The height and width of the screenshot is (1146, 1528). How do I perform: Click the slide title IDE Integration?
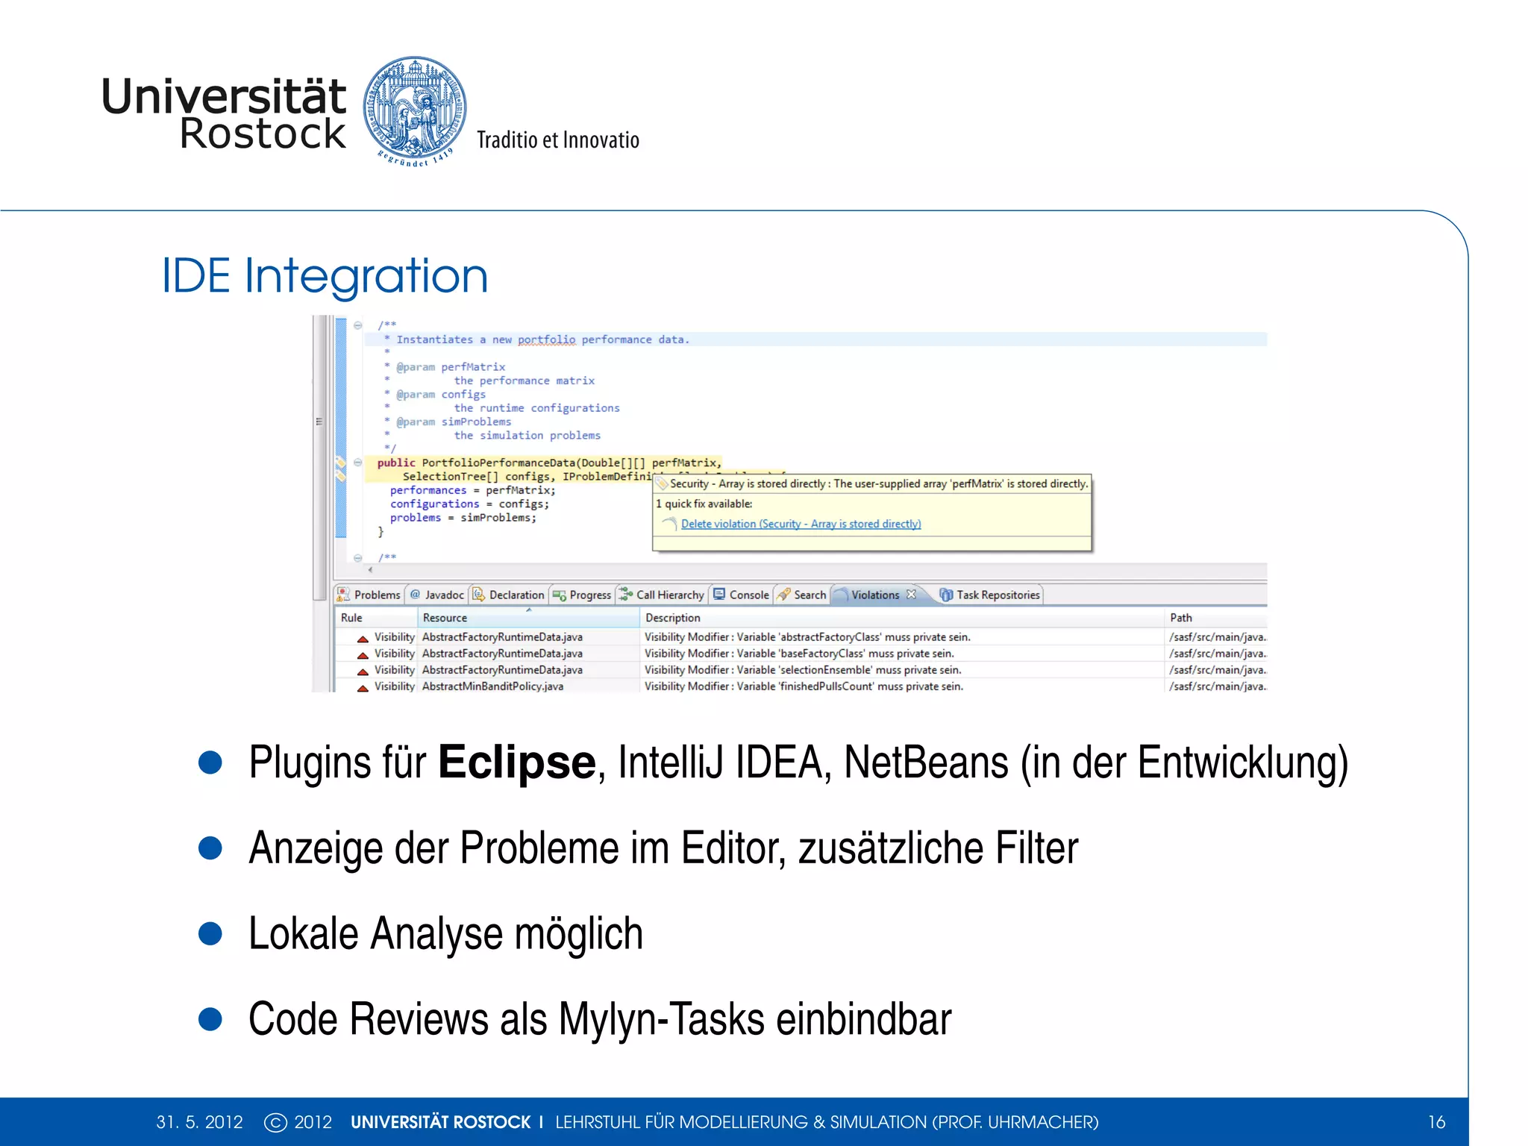pos(325,276)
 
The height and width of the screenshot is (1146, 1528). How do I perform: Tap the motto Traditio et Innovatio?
pos(557,140)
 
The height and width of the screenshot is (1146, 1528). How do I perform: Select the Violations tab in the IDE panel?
pos(874,595)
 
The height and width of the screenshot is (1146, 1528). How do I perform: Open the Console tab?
pos(748,595)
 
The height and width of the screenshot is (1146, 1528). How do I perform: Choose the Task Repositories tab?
pos(998,595)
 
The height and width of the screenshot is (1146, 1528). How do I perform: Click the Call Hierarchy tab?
pos(669,595)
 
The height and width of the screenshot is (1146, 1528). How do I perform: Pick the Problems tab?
pos(377,595)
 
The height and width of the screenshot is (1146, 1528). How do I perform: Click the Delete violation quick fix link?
pos(801,524)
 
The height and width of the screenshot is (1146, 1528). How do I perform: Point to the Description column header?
pos(672,618)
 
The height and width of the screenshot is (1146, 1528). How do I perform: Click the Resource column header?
pos(445,618)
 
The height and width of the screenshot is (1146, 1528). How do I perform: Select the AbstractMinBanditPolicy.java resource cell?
pos(492,686)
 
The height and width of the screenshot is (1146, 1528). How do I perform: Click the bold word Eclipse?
pos(516,763)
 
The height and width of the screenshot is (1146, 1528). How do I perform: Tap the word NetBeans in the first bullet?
pos(926,763)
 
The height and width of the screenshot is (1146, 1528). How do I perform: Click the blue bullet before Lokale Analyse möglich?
pos(210,933)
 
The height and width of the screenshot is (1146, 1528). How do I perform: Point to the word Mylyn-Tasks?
pos(661,1019)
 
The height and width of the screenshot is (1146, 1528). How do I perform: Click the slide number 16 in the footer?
pos(1436,1122)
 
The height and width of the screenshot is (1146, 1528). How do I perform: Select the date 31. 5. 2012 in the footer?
pos(199,1122)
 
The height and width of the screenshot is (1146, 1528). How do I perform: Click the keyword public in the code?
pos(395,463)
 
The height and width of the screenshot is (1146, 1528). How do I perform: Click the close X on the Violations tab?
pos(911,595)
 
